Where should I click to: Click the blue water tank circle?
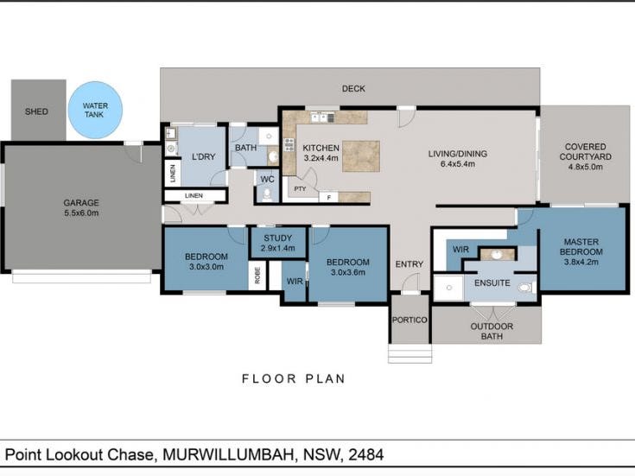(x=95, y=111)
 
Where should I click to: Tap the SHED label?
(x=36, y=111)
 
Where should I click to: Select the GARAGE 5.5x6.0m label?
(x=81, y=208)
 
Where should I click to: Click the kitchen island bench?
(x=361, y=156)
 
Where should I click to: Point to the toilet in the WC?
(x=267, y=194)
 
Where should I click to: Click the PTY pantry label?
(x=300, y=189)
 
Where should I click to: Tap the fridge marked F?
(x=329, y=198)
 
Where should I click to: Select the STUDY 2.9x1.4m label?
(x=278, y=243)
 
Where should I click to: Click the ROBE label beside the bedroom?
(x=257, y=276)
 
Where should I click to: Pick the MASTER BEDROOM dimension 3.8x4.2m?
(x=581, y=262)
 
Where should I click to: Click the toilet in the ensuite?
(x=525, y=288)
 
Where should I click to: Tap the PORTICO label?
(x=410, y=320)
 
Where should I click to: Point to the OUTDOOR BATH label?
(x=492, y=332)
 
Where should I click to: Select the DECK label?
(x=353, y=88)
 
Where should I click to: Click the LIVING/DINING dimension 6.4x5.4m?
(x=458, y=164)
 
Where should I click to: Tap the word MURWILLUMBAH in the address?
(x=228, y=454)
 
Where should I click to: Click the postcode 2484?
(x=365, y=454)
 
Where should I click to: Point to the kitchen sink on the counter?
(x=320, y=117)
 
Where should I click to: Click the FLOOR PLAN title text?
(x=293, y=378)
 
